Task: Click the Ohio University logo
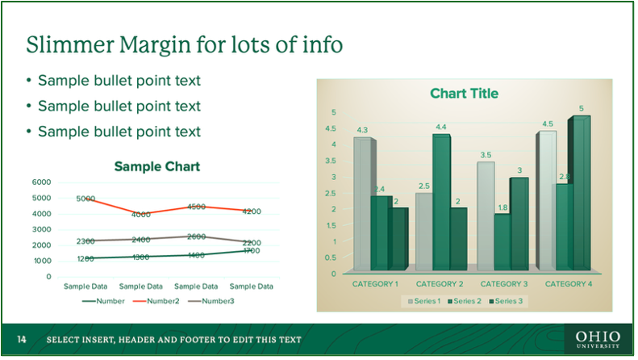(x=598, y=340)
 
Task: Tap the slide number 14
(x=22, y=340)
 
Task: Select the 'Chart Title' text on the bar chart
(x=464, y=94)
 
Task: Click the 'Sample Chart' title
(x=156, y=167)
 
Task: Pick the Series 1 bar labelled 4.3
(x=362, y=202)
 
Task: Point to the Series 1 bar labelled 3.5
(x=485, y=214)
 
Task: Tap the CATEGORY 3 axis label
(x=503, y=284)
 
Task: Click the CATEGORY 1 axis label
(x=375, y=284)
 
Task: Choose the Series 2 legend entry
(x=465, y=301)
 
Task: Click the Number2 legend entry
(x=158, y=301)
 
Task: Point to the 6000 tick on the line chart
(x=41, y=182)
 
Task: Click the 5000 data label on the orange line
(x=85, y=199)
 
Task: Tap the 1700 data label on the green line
(x=251, y=251)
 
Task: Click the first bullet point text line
(x=119, y=81)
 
